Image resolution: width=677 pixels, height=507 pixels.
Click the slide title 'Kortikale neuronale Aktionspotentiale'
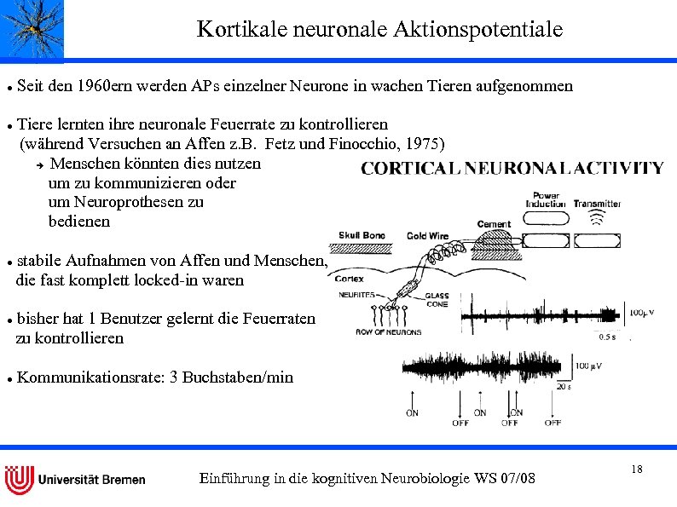(x=379, y=30)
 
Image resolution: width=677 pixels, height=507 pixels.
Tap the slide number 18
(x=637, y=470)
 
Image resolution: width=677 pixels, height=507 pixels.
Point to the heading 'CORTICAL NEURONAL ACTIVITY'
(x=512, y=168)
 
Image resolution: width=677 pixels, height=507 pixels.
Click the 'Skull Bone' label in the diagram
(x=362, y=235)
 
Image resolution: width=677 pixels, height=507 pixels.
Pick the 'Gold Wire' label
(x=427, y=236)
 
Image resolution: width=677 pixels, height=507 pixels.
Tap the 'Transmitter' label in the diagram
(x=597, y=205)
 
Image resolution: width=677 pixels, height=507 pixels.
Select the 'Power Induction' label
(x=546, y=200)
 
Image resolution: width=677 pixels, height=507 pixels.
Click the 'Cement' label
(x=494, y=224)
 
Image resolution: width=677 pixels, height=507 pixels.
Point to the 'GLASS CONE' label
(x=437, y=299)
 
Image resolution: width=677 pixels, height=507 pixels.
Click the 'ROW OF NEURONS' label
(x=389, y=332)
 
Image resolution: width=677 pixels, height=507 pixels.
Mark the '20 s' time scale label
(x=564, y=386)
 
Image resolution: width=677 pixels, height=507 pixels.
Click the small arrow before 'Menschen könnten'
(x=38, y=164)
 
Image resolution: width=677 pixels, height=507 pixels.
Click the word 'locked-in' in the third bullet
(x=165, y=279)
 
